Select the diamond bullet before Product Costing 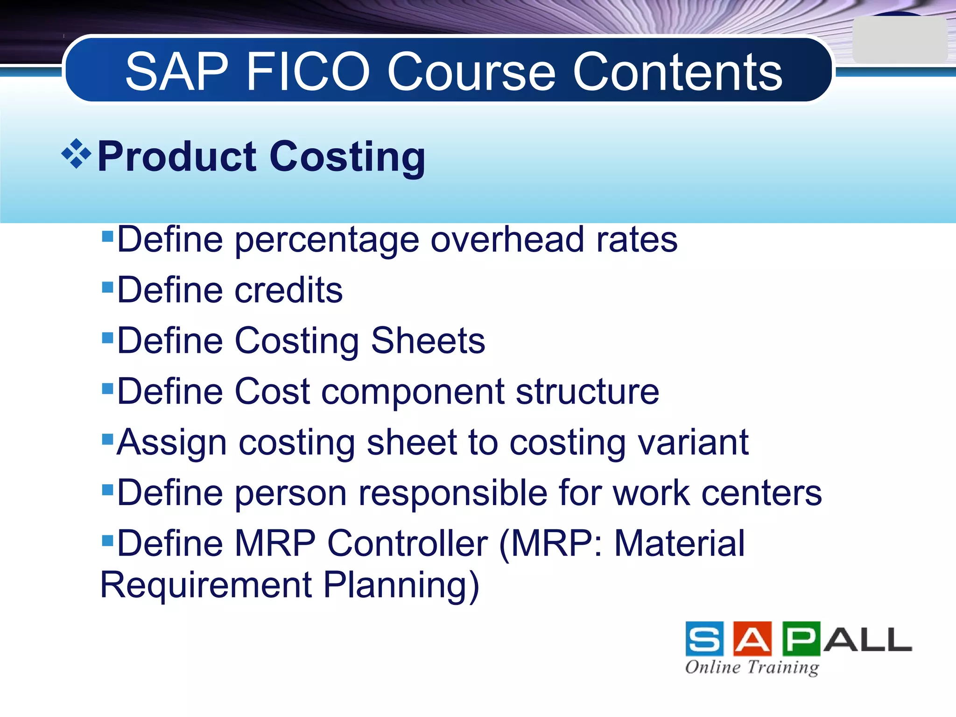(76, 154)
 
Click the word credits (288, 290)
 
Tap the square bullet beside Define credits (107, 286)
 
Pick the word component (413, 393)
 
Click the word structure (587, 392)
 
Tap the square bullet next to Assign (107, 439)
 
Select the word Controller (408, 544)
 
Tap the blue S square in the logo (704, 639)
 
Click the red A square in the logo (752, 639)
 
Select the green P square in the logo (801, 639)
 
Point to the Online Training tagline (752, 667)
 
